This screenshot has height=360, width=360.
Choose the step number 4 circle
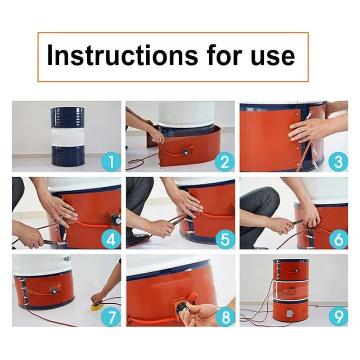coord(111,239)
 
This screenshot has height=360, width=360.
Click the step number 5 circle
coord(225,239)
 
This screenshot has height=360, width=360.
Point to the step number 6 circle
coord(338,239)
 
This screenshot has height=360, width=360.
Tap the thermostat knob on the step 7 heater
coord(54,291)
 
